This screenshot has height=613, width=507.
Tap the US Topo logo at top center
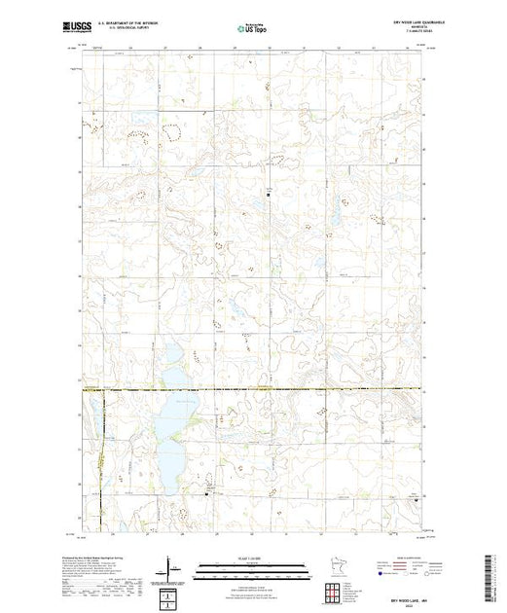pos(253,29)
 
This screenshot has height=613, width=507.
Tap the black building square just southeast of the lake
pos(208,493)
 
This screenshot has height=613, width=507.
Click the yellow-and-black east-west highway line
pos(292,390)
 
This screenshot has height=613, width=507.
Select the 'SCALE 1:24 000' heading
pos(253,559)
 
